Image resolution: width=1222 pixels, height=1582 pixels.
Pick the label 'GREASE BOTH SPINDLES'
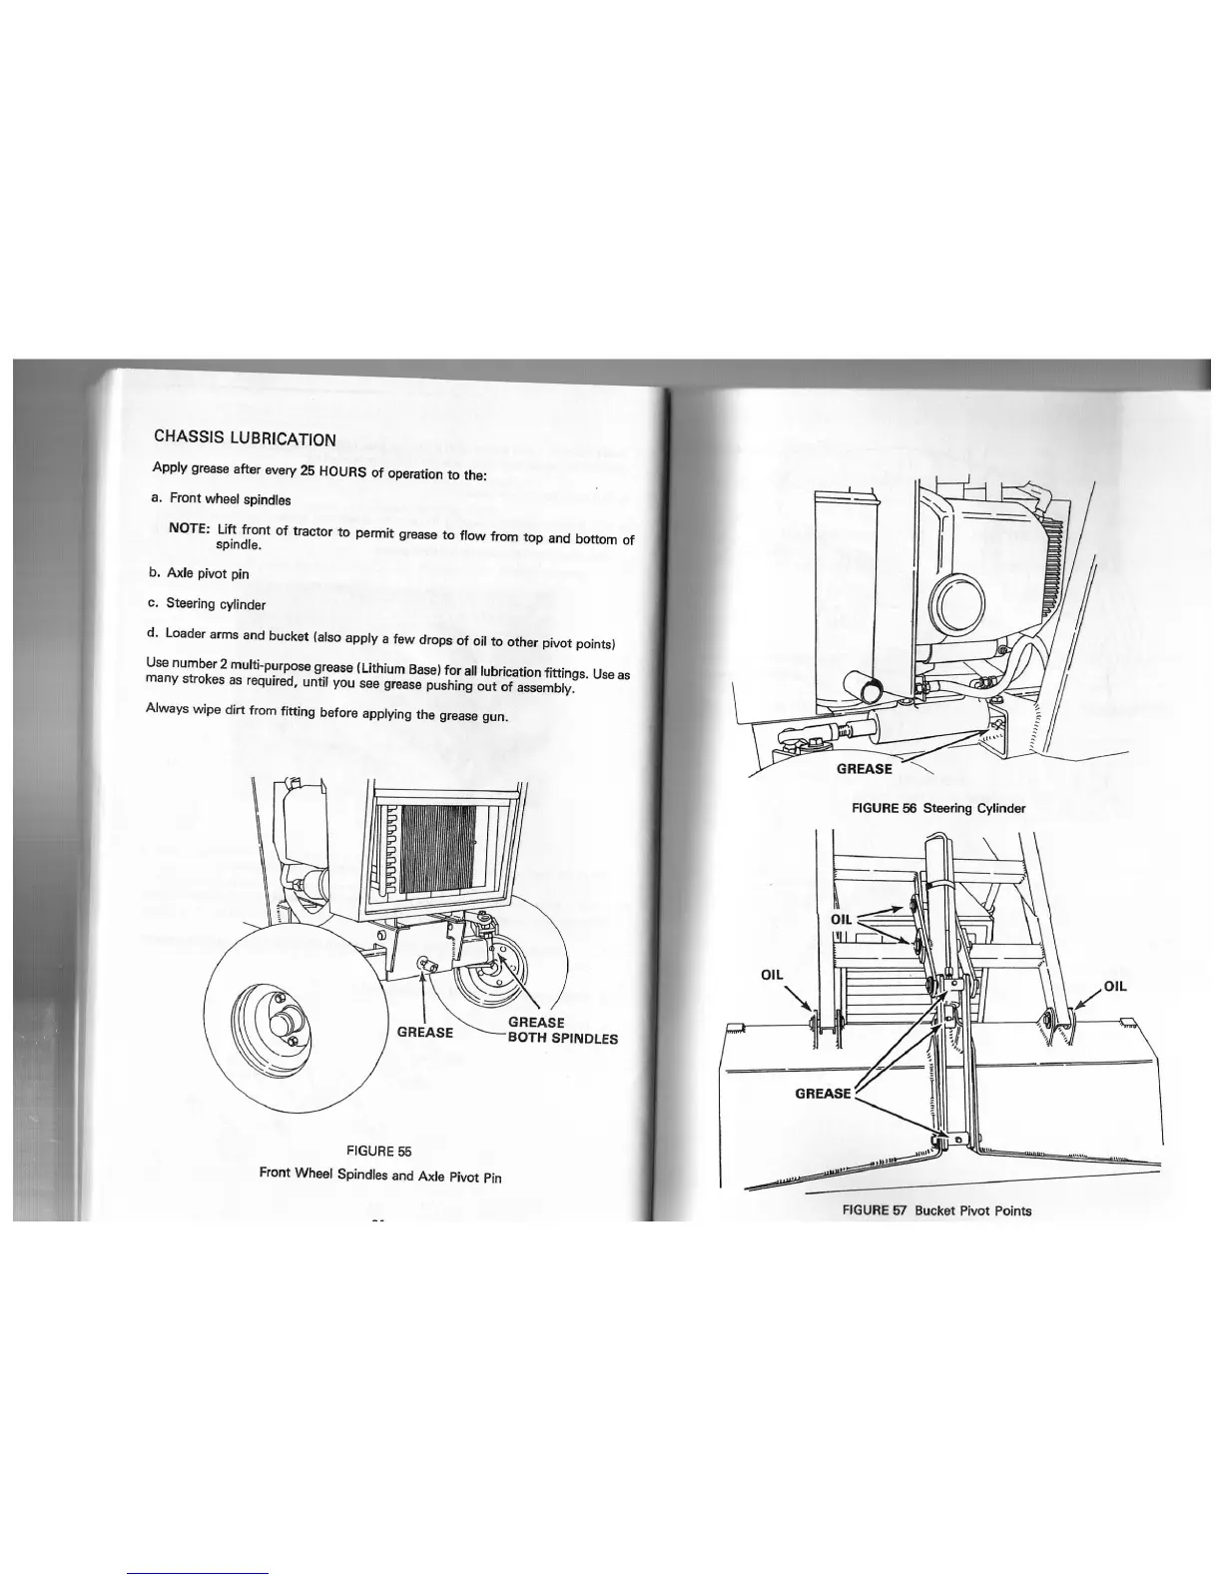562,1030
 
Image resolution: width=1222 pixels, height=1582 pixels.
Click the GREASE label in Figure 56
864,768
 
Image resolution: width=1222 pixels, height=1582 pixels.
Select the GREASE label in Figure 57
823,1093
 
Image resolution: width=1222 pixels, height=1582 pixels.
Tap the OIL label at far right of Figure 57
1114,986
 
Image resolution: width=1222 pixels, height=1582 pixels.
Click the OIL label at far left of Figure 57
773,974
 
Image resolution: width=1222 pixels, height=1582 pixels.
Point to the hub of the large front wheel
287,1027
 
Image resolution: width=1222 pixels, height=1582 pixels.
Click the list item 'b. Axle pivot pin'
199,573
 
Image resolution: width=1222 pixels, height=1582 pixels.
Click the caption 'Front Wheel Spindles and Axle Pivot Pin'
379,1175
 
